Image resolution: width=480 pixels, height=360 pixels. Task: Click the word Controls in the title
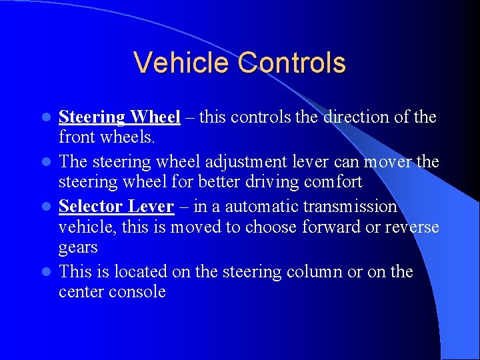292,63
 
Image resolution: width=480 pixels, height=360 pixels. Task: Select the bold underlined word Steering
92,117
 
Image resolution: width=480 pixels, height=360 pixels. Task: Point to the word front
77,137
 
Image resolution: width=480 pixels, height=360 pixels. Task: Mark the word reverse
411,227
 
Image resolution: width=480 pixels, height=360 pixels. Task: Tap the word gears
78,247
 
